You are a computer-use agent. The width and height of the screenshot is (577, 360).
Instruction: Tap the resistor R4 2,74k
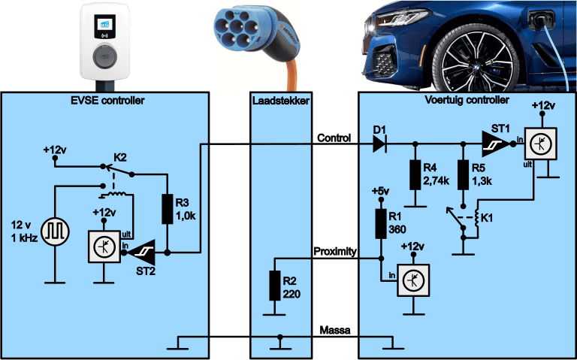[414, 174]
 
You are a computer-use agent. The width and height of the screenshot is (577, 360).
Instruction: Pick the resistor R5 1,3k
[462, 174]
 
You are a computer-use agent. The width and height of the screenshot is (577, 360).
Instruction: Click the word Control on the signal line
[335, 137]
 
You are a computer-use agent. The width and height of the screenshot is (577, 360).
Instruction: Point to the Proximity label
[334, 251]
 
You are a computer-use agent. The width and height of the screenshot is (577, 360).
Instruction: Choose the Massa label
[334, 330]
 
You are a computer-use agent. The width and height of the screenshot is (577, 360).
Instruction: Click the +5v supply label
[380, 192]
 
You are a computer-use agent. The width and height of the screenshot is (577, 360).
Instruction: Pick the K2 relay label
[119, 158]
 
